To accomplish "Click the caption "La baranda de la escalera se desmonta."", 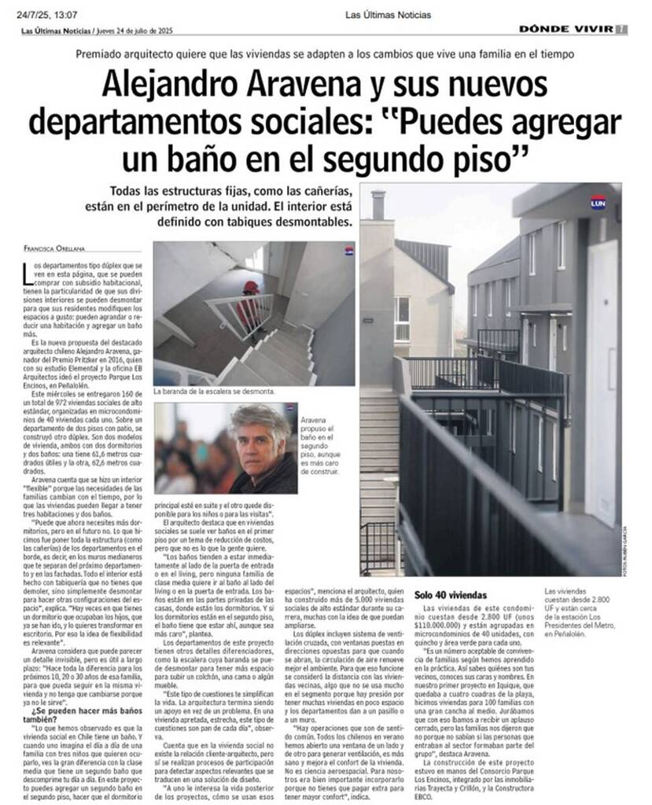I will [x=214, y=391].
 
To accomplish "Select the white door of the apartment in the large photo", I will [x=604, y=377].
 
